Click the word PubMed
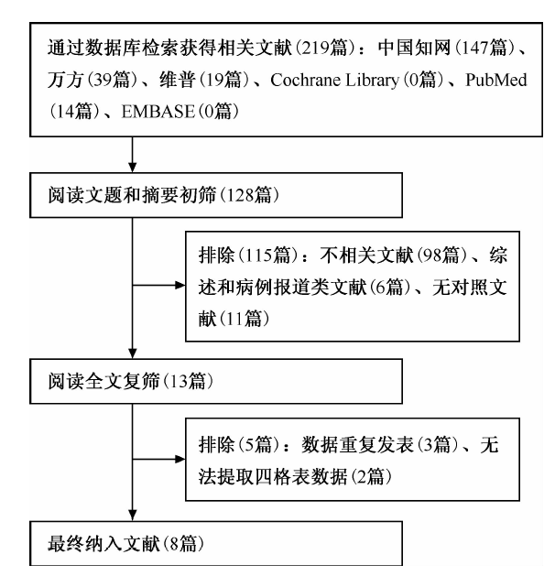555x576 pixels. [495, 80]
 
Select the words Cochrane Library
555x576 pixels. [334, 80]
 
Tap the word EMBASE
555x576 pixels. [158, 112]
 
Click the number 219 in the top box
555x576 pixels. [315, 48]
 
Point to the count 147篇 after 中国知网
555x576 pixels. [484, 48]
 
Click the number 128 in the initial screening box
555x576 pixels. [240, 195]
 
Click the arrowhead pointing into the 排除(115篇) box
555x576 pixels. [180, 285]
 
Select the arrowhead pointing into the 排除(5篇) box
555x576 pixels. [180, 459]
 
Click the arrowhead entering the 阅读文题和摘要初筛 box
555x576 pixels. [133, 168]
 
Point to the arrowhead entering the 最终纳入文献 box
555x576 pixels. [133, 516]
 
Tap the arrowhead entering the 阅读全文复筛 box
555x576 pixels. [133, 353]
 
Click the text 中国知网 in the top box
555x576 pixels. [414, 48]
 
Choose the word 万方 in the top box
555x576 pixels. [65, 80]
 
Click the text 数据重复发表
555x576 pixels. [356, 444]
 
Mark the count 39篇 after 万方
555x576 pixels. [112, 80]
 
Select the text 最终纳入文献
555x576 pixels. [103, 544]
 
